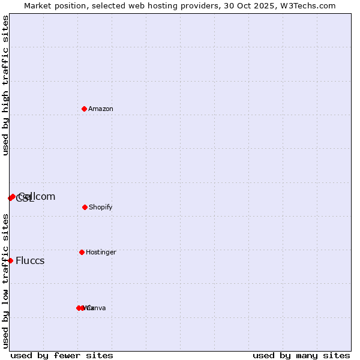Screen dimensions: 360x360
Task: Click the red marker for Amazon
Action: point(85,109)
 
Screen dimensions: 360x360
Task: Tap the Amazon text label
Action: point(101,109)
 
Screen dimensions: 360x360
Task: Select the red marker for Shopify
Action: point(85,207)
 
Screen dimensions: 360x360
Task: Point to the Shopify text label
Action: point(101,207)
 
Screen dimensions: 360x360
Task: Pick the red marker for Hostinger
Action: point(82,252)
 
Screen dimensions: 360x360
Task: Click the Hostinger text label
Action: point(101,252)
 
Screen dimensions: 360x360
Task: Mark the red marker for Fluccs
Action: point(10,260)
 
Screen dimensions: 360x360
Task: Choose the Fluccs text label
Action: point(30,260)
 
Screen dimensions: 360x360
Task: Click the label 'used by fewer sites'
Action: point(62,355)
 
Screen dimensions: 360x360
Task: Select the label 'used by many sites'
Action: point(301,355)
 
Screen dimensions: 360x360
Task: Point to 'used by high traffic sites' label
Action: point(5,85)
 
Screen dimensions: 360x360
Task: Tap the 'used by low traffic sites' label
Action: point(5,281)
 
